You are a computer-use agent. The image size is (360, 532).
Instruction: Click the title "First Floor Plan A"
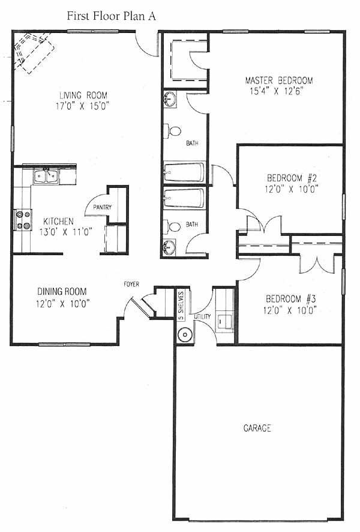point(111,16)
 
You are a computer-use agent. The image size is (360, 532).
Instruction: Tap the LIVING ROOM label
point(83,95)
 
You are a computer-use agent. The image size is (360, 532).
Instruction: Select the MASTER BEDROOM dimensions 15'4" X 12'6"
point(276,91)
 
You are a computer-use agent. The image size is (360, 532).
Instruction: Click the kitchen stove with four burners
point(23,220)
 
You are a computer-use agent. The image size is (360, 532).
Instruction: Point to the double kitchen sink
point(46,177)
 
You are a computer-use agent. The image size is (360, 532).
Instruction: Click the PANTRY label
point(103,207)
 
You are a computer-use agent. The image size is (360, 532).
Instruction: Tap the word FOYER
point(131,284)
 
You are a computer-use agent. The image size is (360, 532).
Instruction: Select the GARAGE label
point(257,428)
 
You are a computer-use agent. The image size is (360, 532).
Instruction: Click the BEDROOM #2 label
point(292,178)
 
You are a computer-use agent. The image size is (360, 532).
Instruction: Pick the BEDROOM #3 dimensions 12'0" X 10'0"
point(290,310)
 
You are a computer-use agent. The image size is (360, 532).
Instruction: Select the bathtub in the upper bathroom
point(184,172)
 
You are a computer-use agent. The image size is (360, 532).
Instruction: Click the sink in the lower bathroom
point(169,247)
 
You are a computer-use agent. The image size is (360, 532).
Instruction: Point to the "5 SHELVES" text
point(181,306)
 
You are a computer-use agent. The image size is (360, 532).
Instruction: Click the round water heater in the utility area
point(185,334)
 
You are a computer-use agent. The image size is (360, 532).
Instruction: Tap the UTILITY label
point(202,316)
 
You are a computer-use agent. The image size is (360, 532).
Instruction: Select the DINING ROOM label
point(62,291)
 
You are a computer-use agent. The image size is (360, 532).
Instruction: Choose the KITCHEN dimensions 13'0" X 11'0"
point(66,232)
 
